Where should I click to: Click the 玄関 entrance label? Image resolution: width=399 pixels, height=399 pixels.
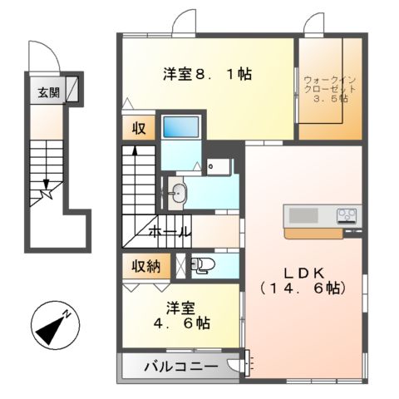click(x=48, y=92)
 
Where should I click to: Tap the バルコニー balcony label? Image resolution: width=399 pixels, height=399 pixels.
click(x=181, y=367)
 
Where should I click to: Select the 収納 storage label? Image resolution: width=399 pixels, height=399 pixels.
click(x=145, y=266)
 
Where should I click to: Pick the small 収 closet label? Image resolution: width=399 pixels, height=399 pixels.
click(x=138, y=128)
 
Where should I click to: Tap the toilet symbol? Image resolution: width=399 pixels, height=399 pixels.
click(x=204, y=266)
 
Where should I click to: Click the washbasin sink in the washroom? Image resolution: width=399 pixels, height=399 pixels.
click(x=180, y=194)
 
